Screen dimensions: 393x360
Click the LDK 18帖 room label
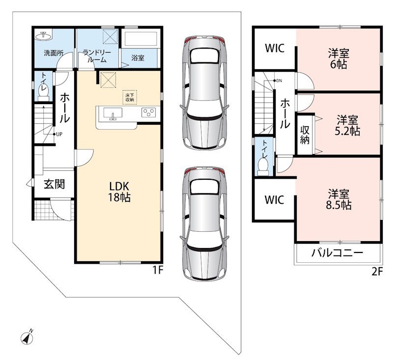[119, 192]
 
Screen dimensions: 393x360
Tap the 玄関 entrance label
[55, 184]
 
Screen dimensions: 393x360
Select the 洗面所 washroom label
[54, 53]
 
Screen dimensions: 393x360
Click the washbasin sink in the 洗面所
[44, 36]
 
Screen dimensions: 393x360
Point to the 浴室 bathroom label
[138, 58]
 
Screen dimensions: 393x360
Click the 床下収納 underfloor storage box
[130, 97]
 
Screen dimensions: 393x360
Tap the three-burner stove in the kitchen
[148, 112]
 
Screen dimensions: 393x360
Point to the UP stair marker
[57, 134]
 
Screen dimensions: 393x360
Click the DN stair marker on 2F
[278, 81]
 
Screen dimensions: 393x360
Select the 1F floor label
[158, 270]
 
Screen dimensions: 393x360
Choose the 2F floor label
[377, 272]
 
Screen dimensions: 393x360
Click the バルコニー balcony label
[337, 253]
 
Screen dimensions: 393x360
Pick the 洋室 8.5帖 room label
[338, 199]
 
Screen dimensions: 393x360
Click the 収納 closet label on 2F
[305, 135]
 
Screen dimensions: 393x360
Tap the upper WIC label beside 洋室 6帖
[275, 48]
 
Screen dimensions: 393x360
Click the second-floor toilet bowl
[263, 166]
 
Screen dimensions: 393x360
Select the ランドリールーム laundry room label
[97, 56]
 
